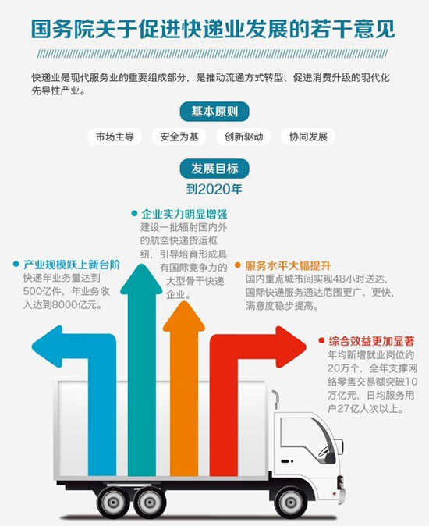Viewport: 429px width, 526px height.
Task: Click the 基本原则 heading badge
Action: click(214, 112)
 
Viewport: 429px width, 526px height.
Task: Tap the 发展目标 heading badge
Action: click(214, 168)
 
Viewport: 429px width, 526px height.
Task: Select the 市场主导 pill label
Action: click(115, 137)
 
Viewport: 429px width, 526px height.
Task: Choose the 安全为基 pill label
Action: click(179, 137)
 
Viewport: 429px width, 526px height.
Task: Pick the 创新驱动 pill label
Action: click(243, 137)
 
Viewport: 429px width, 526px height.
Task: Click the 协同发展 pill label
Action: click(308, 137)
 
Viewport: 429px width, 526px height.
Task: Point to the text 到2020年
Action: click(214, 189)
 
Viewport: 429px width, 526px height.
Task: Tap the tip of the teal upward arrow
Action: click(141, 265)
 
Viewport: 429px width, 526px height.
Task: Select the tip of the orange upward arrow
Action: click(184, 301)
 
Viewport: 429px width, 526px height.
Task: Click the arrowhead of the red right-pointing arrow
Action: click(306, 347)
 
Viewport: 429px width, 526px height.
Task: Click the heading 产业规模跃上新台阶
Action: click(72, 265)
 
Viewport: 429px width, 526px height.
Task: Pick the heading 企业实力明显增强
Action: click(184, 214)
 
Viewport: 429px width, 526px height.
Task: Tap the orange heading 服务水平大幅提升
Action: click(288, 265)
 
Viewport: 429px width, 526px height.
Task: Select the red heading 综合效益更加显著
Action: click(371, 341)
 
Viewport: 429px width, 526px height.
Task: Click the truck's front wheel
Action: click(290, 502)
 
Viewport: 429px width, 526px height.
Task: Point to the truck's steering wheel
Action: click(324, 450)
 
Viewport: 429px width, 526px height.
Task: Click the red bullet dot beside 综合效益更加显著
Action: click(321, 341)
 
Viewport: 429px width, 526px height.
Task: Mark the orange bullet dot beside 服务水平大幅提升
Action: click(238, 265)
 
